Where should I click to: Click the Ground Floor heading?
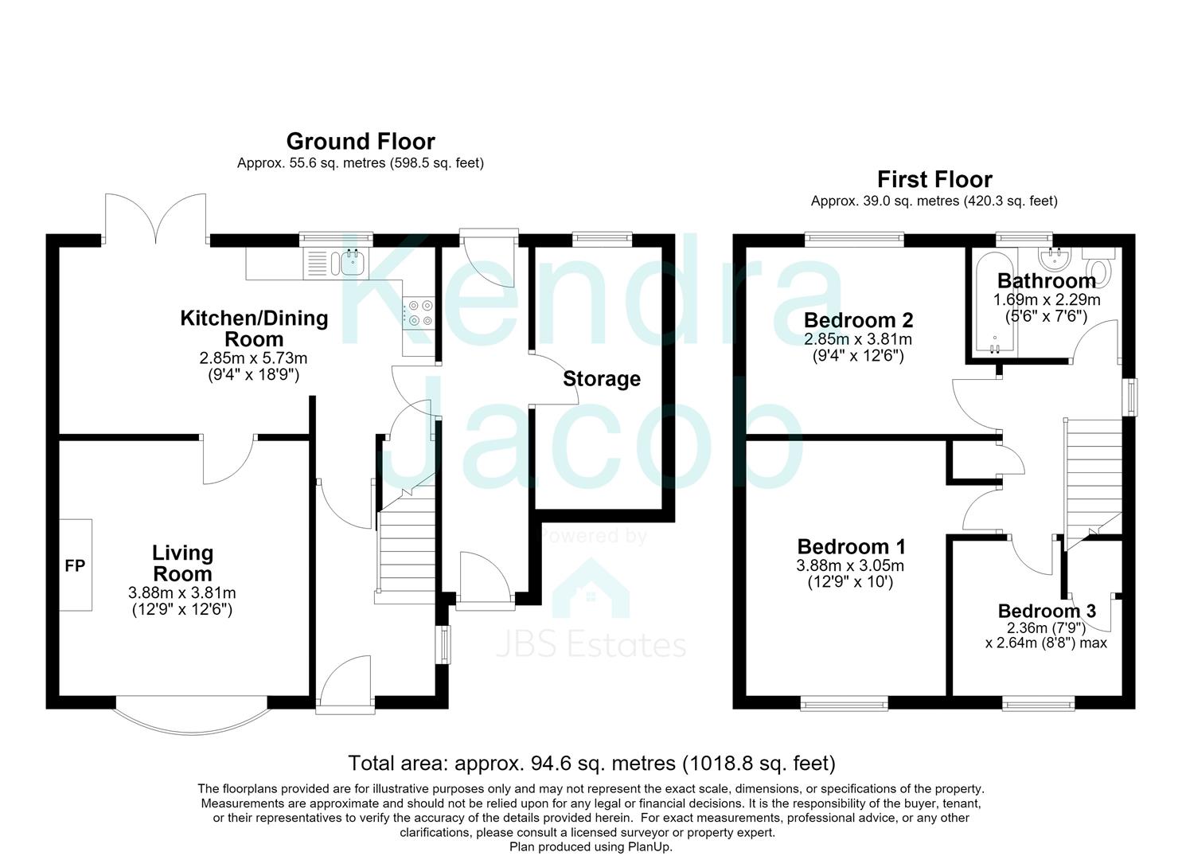tap(361, 142)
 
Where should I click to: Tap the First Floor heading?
tap(934, 179)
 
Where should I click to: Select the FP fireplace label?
tap(75, 566)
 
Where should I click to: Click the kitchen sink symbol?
tap(336, 264)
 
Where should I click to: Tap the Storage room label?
tap(602, 378)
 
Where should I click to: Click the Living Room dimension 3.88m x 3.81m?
tap(182, 592)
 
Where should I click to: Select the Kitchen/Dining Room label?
tap(255, 328)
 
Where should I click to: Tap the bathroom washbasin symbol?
tap(1055, 260)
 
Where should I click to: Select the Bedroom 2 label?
tap(859, 320)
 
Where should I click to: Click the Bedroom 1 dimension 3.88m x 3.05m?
tap(850, 565)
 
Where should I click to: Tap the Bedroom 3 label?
tap(1047, 611)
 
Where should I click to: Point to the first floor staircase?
tap(1094, 484)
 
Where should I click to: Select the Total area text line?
tap(591, 764)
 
